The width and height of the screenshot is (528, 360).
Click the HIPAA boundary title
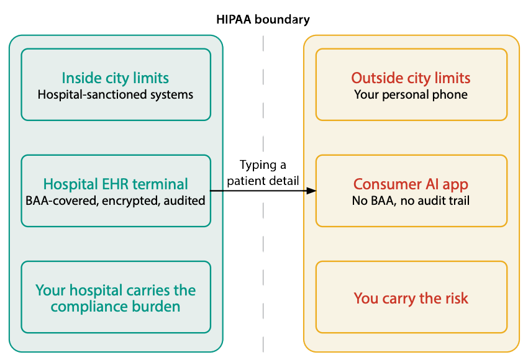coord(263,19)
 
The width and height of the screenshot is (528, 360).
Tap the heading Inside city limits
coord(115,78)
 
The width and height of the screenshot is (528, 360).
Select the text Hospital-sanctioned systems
coord(115,94)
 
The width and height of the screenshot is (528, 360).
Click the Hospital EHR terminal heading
coord(116,184)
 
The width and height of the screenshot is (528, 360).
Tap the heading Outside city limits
coord(411,78)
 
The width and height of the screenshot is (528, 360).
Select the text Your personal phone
coord(411,94)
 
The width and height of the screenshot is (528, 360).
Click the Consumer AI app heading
coord(411,184)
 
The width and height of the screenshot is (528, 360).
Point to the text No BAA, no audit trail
coord(411,201)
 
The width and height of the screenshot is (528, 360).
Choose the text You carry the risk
coord(411,298)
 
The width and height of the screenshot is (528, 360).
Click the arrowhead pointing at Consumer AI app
coord(312,191)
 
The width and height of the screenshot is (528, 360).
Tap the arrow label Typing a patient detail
coord(263,173)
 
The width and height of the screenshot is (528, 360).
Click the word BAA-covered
coord(62,201)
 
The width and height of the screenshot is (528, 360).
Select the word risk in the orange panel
coord(455,298)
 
